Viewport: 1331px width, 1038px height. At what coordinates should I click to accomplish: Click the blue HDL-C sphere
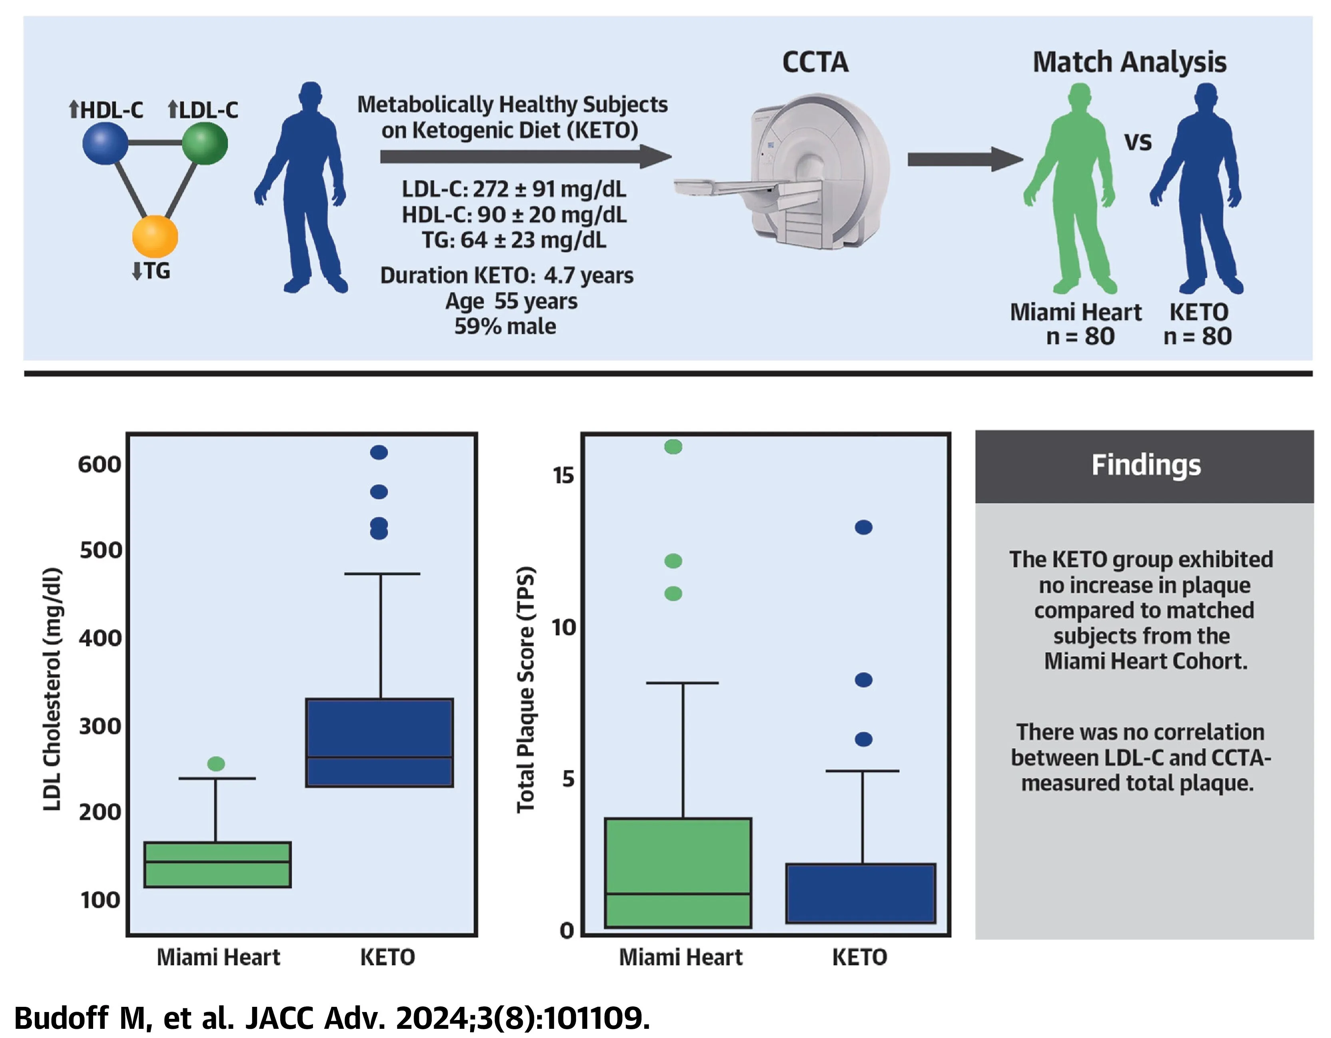106,143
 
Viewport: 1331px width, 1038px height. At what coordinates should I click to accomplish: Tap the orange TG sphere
155,237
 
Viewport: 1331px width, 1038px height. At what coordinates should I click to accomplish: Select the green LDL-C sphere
205,143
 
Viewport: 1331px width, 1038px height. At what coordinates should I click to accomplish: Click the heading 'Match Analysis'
1129,62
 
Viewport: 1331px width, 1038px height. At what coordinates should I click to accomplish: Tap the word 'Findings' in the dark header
1146,465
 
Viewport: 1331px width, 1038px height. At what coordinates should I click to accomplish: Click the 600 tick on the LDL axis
100,464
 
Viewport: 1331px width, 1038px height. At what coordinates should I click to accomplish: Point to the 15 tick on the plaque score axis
564,475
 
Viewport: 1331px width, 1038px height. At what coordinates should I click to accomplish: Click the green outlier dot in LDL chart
216,764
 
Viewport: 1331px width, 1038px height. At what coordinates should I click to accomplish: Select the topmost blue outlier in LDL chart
379,452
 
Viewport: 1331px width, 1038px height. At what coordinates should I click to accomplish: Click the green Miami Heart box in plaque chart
678,873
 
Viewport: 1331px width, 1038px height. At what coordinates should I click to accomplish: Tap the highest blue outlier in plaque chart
864,527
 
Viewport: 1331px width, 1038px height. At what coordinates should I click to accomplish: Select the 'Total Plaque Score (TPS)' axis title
525,689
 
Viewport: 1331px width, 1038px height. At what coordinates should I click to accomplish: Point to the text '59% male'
505,327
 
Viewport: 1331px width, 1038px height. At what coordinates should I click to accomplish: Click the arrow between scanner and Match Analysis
965,160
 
